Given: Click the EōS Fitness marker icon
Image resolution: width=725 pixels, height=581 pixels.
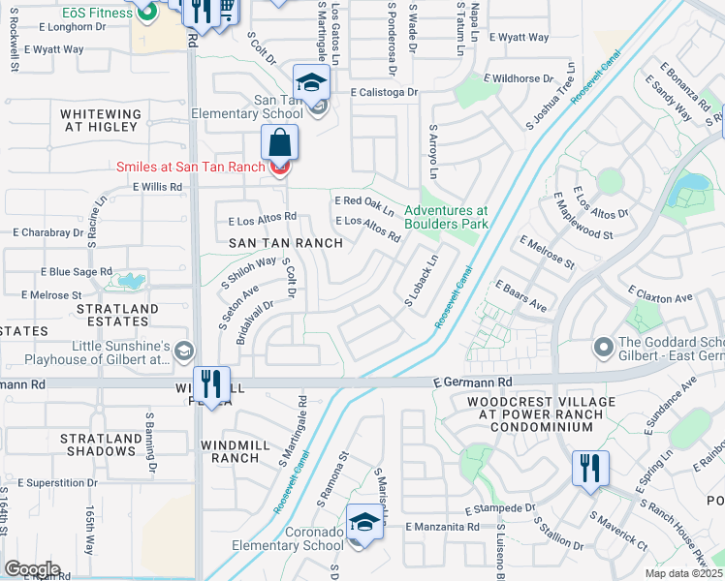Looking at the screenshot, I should (x=147, y=12).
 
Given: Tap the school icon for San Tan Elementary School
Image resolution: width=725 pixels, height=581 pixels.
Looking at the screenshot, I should (x=312, y=82).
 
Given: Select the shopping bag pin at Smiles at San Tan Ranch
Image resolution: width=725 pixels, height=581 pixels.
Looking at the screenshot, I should (x=279, y=145).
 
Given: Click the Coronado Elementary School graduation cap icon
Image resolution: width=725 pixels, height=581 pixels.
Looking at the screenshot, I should (x=363, y=523).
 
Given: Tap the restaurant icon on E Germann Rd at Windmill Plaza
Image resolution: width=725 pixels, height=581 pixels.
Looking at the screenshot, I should (x=210, y=382).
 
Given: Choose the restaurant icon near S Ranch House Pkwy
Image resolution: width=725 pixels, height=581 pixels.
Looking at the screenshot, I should (x=589, y=468).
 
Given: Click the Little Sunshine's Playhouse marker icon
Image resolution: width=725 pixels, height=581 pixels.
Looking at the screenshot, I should (x=183, y=352).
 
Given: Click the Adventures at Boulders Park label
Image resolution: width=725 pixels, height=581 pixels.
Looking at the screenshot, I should (x=446, y=217).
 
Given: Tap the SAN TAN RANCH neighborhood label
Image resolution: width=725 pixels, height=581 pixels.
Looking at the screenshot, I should (x=285, y=243).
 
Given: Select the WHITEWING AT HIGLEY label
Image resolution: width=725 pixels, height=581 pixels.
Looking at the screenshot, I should (x=101, y=121).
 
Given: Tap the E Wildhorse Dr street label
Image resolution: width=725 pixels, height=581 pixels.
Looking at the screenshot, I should (x=521, y=77).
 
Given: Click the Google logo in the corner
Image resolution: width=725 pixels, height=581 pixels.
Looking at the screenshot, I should (x=32, y=569).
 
